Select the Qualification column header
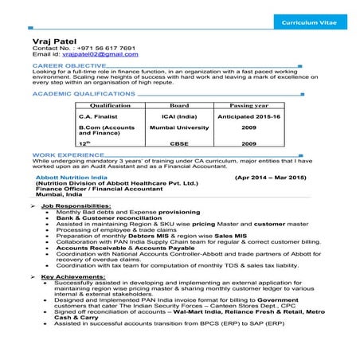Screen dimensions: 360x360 point(111,104)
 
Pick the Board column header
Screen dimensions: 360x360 point(179,104)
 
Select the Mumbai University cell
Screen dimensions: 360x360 point(179,127)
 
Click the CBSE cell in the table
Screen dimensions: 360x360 point(179,143)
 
